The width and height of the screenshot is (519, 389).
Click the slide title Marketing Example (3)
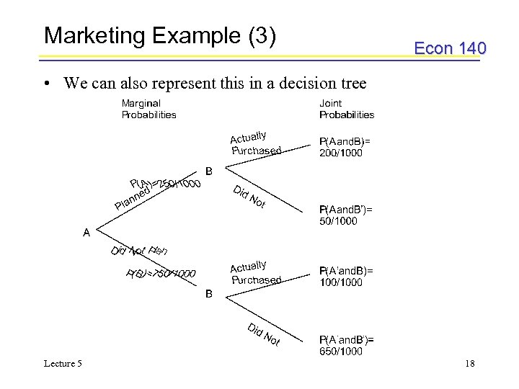click(x=160, y=35)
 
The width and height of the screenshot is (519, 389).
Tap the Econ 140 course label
click(x=450, y=48)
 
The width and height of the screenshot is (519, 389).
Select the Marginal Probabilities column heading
click(x=148, y=109)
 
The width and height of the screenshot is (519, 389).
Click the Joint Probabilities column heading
click(x=347, y=109)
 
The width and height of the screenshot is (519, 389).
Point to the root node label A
click(x=86, y=233)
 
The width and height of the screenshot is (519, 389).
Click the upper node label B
click(x=209, y=171)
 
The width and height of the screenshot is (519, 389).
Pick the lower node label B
click(x=209, y=294)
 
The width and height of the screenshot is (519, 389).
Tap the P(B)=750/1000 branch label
click(x=161, y=273)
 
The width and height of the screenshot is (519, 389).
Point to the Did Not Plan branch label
click(x=139, y=250)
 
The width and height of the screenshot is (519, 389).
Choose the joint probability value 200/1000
click(x=341, y=153)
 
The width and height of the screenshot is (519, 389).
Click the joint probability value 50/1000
click(x=338, y=221)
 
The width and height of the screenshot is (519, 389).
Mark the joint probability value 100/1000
click(x=341, y=282)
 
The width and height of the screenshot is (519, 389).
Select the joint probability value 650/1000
click(x=341, y=351)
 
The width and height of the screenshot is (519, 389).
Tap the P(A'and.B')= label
click(x=347, y=339)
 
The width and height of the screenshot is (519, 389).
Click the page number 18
click(x=470, y=364)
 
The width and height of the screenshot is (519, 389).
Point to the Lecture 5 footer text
click(x=62, y=364)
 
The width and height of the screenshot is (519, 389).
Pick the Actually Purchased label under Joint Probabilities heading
click(x=255, y=143)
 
